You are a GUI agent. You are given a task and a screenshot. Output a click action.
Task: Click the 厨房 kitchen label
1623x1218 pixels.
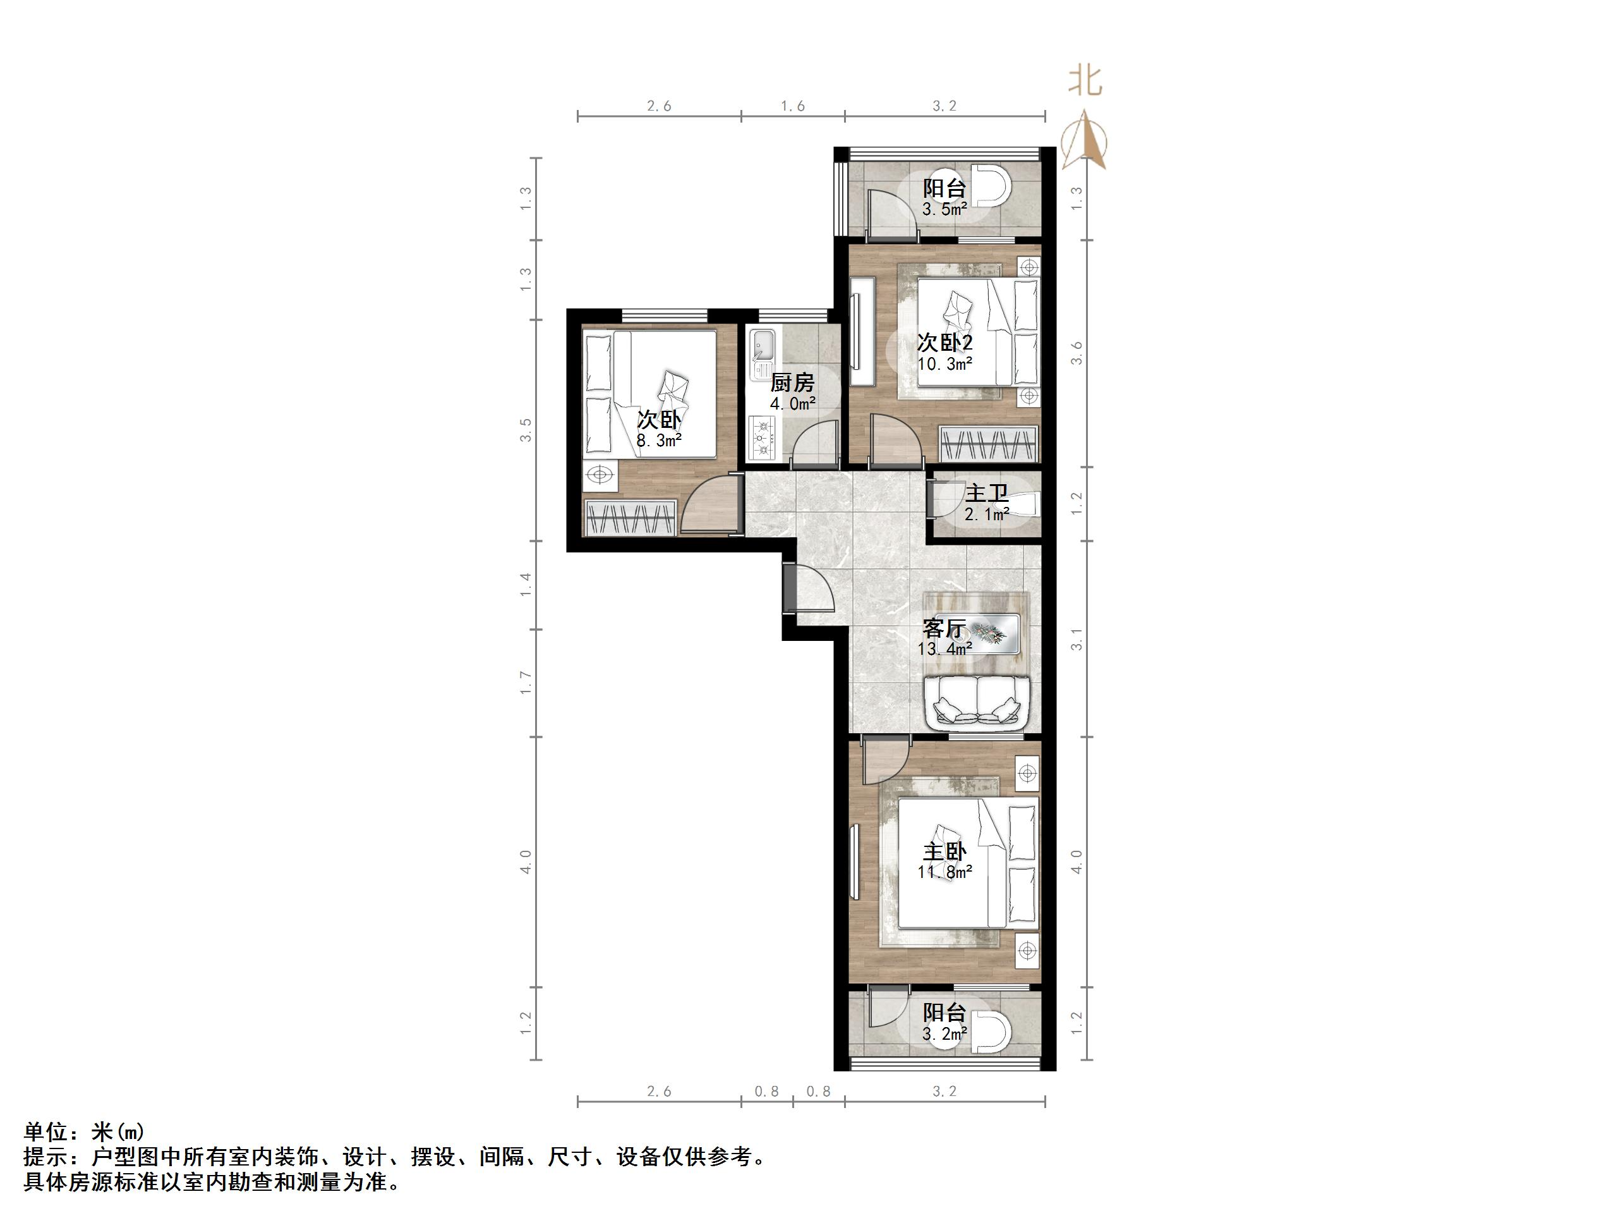(x=792, y=382)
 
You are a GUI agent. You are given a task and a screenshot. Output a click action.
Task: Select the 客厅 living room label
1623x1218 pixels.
(x=944, y=628)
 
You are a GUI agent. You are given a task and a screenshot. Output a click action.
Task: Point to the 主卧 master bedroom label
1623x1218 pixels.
(x=944, y=851)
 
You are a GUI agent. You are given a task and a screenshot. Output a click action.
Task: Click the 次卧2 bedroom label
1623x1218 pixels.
(x=945, y=342)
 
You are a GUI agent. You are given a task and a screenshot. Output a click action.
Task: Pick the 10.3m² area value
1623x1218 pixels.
(x=945, y=363)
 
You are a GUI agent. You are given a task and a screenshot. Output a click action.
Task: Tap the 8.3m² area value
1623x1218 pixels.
(x=658, y=441)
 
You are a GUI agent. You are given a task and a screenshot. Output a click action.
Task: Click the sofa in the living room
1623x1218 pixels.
(x=978, y=703)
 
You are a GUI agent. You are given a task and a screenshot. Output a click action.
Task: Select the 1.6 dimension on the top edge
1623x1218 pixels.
(x=792, y=106)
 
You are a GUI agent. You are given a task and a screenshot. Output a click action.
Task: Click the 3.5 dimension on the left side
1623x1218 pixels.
(x=526, y=430)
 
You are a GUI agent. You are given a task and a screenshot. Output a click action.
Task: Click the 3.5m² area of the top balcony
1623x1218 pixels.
(x=944, y=209)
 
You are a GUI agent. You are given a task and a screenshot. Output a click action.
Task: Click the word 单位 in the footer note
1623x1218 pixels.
(x=45, y=1131)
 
